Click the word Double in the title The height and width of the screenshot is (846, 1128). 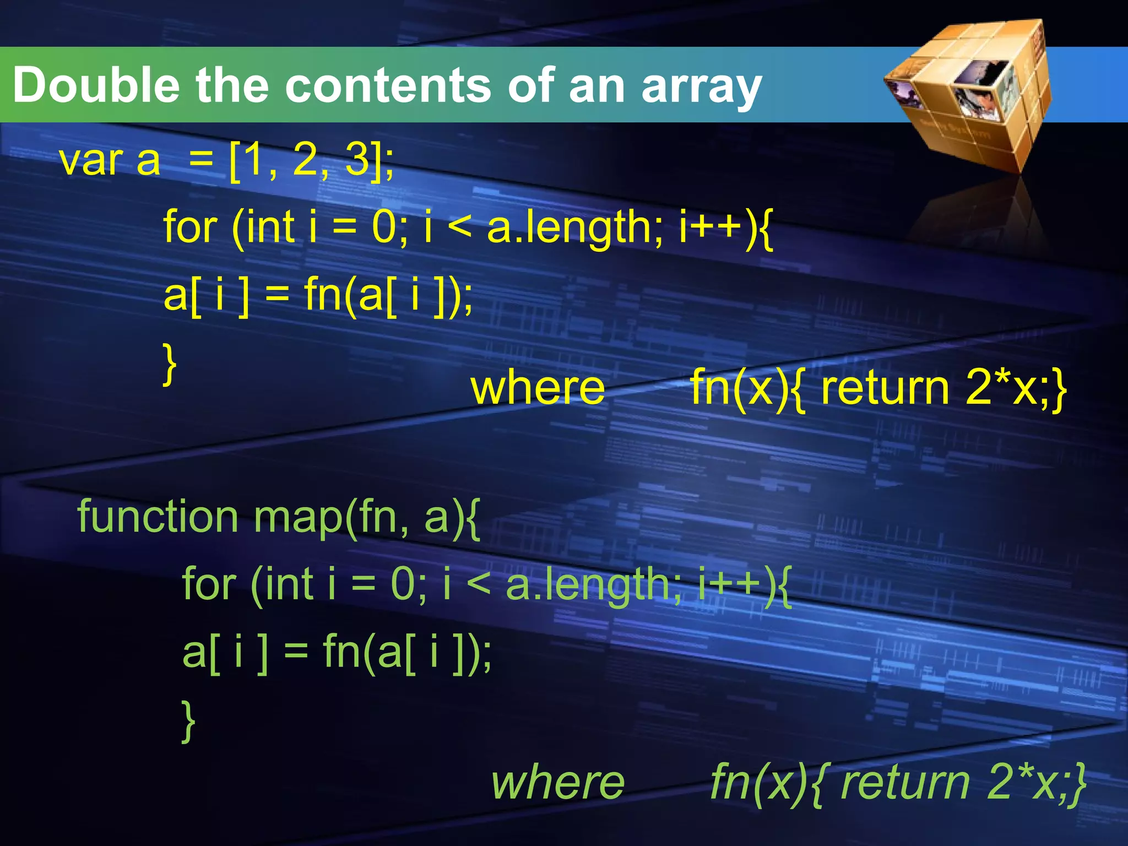96,85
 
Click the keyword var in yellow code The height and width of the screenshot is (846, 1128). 91,161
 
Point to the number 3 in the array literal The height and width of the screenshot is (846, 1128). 357,159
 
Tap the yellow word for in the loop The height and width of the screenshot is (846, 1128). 191,227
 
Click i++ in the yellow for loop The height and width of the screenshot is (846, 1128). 711,227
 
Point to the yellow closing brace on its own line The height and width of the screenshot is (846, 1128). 170,364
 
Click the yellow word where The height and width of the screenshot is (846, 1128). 538,388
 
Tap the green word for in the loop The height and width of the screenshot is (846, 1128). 209,584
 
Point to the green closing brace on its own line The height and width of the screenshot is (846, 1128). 188,721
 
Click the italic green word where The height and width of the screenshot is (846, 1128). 557,783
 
